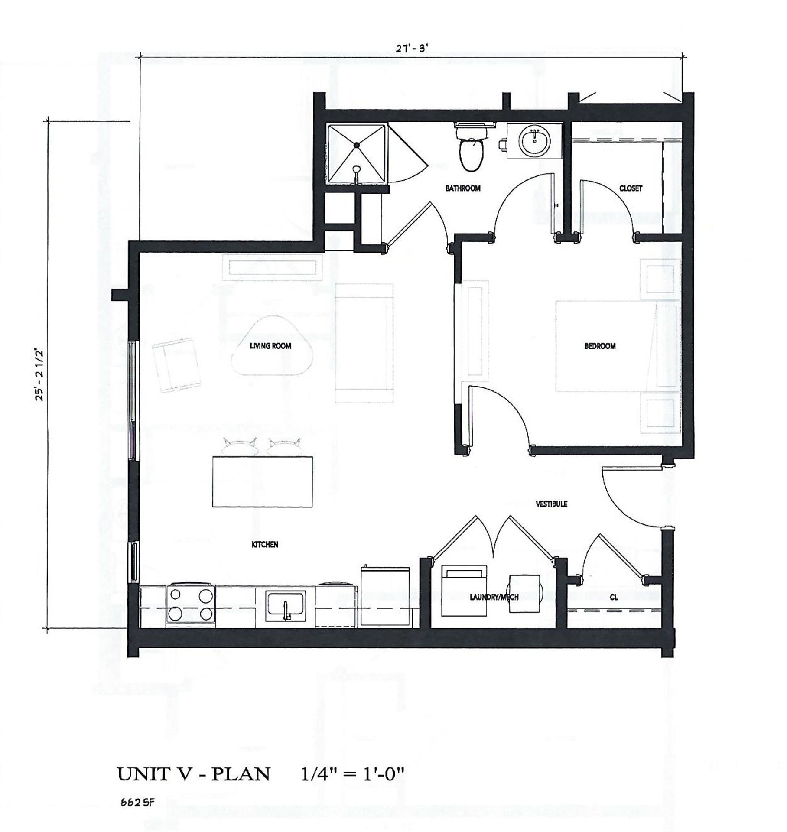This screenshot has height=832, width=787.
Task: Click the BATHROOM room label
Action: pyautogui.click(x=462, y=188)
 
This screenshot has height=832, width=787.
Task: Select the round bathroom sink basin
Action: pyautogui.click(x=535, y=141)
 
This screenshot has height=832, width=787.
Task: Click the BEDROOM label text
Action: pyautogui.click(x=600, y=346)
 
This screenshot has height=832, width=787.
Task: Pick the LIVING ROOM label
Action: pyautogui.click(x=270, y=346)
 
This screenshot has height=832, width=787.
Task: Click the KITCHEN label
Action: pyautogui.click(x=265, y=545)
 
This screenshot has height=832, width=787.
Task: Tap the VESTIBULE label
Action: pyautogui.click(x=551, y=504)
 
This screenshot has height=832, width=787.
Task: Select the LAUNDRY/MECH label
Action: pyautogui.click(x=494, y=598)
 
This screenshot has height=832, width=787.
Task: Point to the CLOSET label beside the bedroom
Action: pyautogui.click(x=631, y=188)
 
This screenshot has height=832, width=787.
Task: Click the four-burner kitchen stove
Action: pyautogui.click(x=191, y=605)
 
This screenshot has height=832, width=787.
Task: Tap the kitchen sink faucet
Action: pyautogui.click(x=286, y=609)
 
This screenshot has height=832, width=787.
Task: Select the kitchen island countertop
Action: pyautogui.click(x=263, y=481)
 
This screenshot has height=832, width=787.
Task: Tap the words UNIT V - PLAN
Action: pyautogui.click(x=194, y=774)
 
